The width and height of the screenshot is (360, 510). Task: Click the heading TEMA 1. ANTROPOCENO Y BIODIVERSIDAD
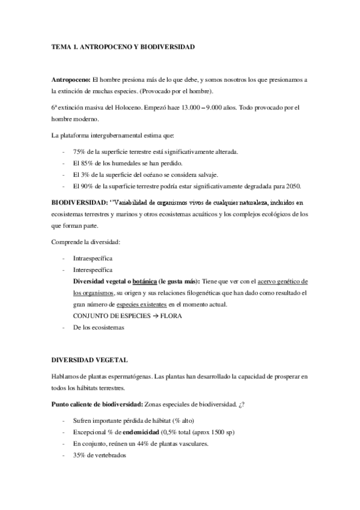(x=123, y=46)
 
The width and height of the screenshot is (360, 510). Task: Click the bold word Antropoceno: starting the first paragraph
(x=71, y=80)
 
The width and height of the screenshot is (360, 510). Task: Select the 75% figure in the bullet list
(x=79, y=152)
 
